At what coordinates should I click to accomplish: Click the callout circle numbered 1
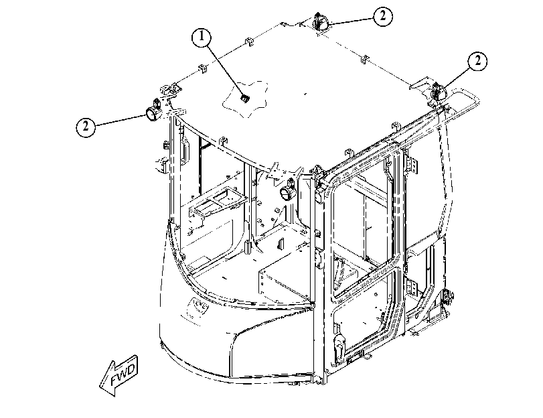click(202, 37)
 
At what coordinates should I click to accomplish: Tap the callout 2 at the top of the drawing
click(383, 16)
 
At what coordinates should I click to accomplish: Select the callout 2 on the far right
click(478, 62)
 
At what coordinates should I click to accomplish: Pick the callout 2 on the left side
click(85, 127)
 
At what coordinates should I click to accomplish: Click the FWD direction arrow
click(119, 376)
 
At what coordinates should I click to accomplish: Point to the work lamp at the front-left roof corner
click(154, 111)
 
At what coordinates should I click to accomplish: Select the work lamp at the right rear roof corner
click(438, 92)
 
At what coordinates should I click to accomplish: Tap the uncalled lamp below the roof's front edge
click(288, 190)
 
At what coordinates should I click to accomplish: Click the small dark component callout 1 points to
click(245, 98)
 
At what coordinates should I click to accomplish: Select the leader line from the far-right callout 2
click(457, 78)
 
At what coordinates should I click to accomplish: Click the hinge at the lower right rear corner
click(447, 295)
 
